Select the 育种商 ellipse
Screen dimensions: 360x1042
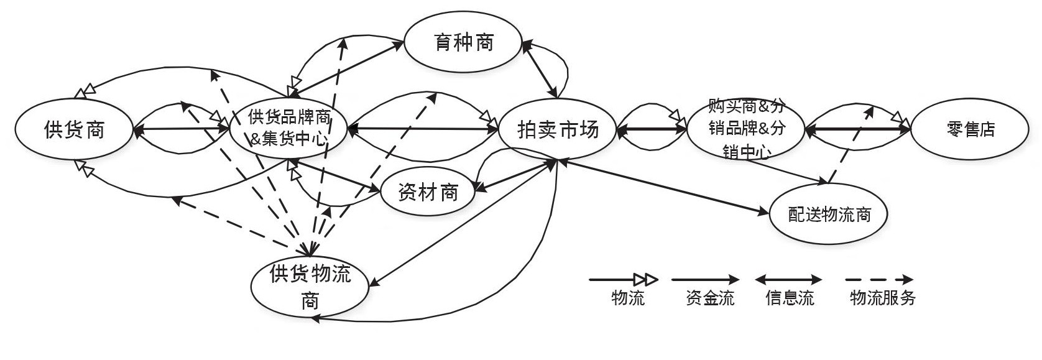pos(463,42)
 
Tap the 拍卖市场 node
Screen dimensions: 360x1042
pos(558,130)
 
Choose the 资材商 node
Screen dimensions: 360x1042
pos(428,192)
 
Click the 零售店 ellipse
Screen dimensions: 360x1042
pos(970,129)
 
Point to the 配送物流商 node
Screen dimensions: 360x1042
pos(829,215)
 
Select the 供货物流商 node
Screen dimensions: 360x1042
pos(310,287)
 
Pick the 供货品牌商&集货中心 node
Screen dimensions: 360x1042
pos(288,129)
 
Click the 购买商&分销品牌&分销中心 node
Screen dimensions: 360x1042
pos(745,129)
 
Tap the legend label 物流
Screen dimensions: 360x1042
pos(628,298)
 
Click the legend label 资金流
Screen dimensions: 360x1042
pos(710,298)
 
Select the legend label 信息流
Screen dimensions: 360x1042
pos(789,298)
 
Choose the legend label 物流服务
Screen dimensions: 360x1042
pos(883,298)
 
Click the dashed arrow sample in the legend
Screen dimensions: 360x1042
pos(880,280)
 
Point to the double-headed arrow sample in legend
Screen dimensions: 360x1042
pos(788,280)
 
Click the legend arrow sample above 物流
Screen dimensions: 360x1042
pos(623,280)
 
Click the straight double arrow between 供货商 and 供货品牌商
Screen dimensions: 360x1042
pos(182,129)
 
